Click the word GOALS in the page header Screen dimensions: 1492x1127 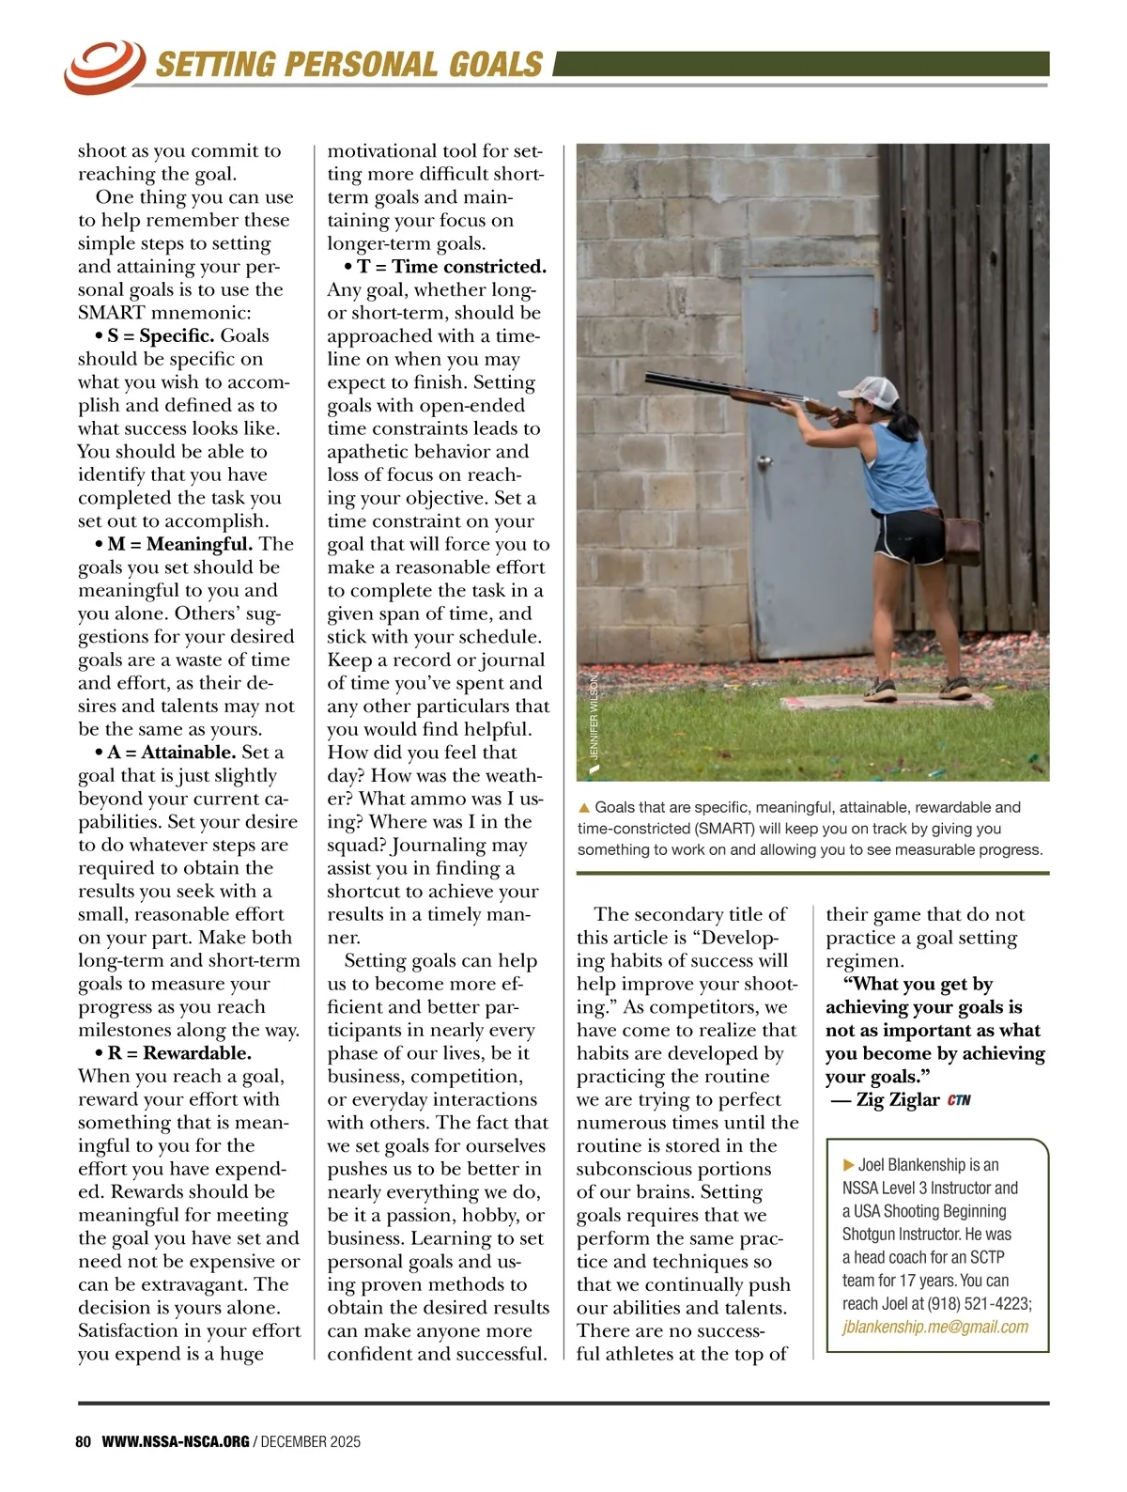pyautogui.click(x=496, y=64)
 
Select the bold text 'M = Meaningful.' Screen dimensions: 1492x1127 pyautogui.click(x=179, y=544)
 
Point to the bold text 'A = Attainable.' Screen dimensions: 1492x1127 pyautogui.click(x=171, y=753)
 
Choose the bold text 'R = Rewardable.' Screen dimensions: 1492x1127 pyautogui.click(x=178, y=1053)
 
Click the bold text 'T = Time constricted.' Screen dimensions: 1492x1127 pyautogui.click(x=451, y=267)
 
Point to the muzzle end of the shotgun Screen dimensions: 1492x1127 pyautogui.click(x=650, y=378)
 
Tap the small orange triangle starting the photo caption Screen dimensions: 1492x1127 pyautogui.click(x=584, y=807)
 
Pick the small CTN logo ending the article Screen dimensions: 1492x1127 pyautogui.click(x=959, y=1100)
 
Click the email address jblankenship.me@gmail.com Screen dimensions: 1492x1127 pyautogui.click(x=935, y=1327)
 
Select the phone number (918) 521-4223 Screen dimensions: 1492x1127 pyautogui.click(x=979, y=1303)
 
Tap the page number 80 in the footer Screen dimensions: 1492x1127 pyautogui.click(x=83, y=1441)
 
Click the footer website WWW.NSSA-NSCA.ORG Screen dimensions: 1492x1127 pyautogui.click(x=176, y=1441)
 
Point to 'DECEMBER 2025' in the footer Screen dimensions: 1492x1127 pyautogui.click(x=311, y=1441)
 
